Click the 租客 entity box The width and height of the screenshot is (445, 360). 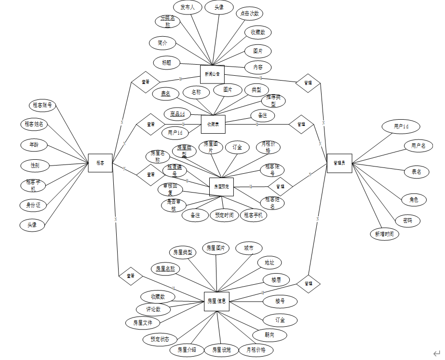coord(100,163)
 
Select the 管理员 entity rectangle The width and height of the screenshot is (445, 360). coord(339,163)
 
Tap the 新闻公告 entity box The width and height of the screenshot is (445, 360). coord(212,74)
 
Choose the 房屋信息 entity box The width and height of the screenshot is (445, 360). coord(216,301)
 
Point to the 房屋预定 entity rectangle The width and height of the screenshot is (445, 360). coord(221,186)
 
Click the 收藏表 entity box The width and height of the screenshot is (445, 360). coord(213,124)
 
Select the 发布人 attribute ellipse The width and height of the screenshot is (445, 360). coord(187,8)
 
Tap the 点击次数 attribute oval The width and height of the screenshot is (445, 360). coord(250,14)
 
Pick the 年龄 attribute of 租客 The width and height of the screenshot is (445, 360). coord(34,144)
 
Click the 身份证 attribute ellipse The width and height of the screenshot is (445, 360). coord(33,205)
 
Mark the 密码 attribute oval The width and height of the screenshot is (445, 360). coord(407,221)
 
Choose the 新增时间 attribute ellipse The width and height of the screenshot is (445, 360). coord(385,234)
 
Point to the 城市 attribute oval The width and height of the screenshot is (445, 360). coord(249,249)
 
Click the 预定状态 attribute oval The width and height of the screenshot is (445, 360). coord(160,339)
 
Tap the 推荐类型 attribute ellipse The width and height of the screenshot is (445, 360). coord(273,101)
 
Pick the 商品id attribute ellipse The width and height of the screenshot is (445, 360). coord(177,114)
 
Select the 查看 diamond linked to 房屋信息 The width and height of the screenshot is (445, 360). coord(131,276)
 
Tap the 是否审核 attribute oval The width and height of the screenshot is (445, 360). coord(174,205)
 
